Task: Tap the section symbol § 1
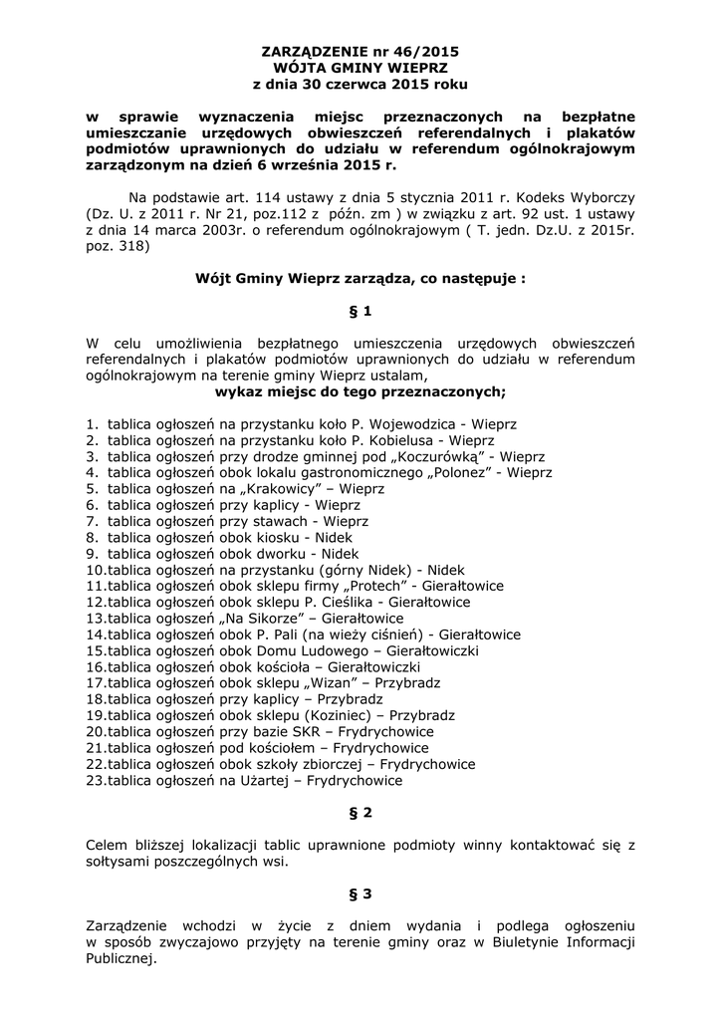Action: (360, 312)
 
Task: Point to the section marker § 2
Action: (360, 813)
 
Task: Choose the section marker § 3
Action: (360, 893)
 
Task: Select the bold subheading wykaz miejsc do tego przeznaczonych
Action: (360, 391)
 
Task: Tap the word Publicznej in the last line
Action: (120, 959)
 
